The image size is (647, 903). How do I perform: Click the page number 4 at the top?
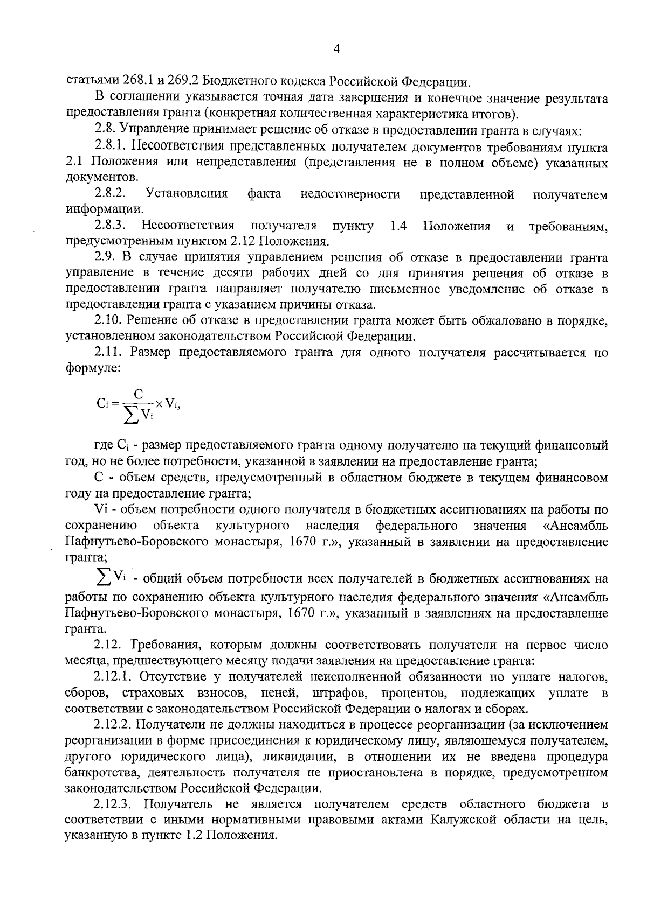337,49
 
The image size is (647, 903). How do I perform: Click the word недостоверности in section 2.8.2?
350,194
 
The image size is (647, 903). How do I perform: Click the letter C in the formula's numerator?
139,394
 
